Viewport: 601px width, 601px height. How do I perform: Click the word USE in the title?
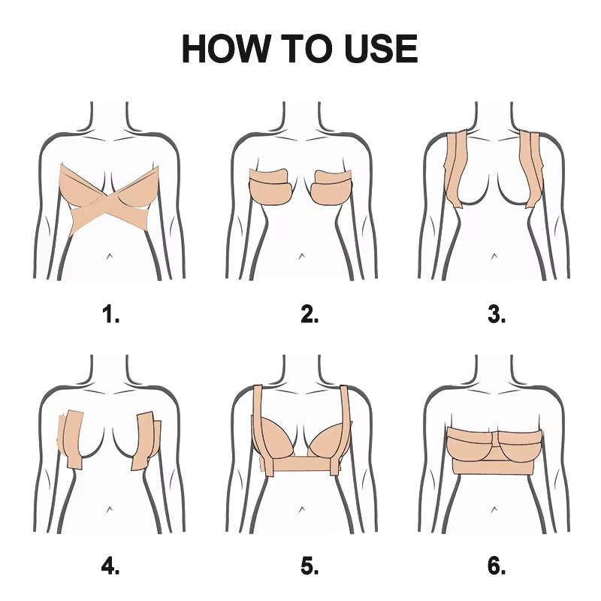pyautogui.click(x=381, y=49)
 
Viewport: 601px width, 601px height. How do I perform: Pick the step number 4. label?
pyautogui.click(x=110, y=566)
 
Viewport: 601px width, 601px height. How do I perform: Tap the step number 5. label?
pyautogui.click(x=310, y=566)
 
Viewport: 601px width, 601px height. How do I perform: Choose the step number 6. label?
pyautogui.click(x=497, y=566)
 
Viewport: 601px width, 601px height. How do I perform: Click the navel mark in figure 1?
pyautogui.click(x=110, y=256)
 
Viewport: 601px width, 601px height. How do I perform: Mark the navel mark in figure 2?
pyautogui.click(x=302, y=256)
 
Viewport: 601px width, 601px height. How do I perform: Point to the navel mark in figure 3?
pyautogui.click(x=494, y=256)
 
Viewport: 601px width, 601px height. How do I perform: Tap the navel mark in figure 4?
pyautogui.click(x=110, y=509)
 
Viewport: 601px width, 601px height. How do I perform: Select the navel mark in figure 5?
pyautogui.click(x=302, y=509)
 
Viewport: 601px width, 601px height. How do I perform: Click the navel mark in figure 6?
pyautogui.click(x=494, y=509)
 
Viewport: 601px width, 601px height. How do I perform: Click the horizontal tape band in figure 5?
pyautogui.click(x=300, y=464)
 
